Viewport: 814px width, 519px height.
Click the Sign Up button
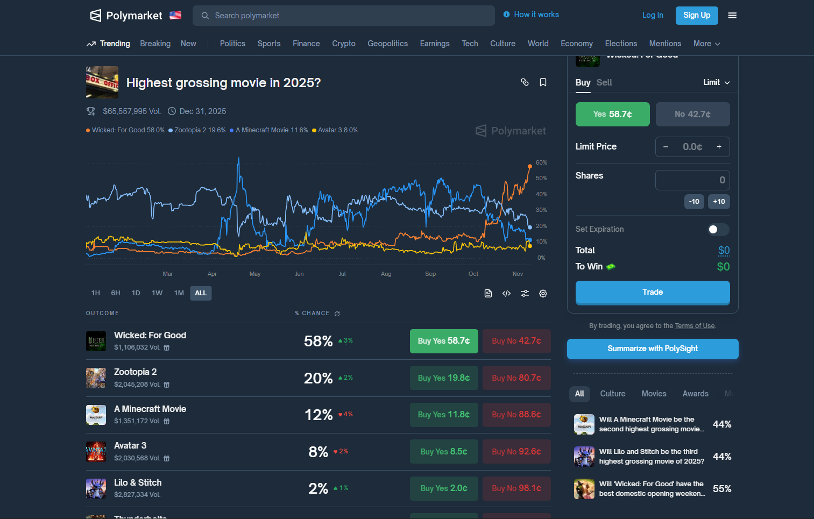[x=697, y=16]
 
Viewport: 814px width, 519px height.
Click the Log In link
[x=653, y=16]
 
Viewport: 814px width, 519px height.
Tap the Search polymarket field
[x=344, y=16]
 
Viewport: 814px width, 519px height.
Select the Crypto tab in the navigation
[x=344, y=44]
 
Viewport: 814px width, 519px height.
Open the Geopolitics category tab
[x=387, y=44]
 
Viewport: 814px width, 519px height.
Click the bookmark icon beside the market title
[x=543, y=82]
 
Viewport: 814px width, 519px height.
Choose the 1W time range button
[x=157, y=293]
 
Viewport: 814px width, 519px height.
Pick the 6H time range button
[x=116, y=293]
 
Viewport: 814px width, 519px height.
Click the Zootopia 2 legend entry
[x=197, y=130]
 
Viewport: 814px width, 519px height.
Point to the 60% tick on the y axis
[x=541, y=162]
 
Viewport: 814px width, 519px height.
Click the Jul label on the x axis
[x=342, y=274]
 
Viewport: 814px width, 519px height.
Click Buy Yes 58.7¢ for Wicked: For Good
[x=444, y=341]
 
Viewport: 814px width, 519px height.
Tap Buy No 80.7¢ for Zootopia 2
[x=516, y=378]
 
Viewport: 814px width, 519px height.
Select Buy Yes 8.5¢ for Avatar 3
[x=444, y=452]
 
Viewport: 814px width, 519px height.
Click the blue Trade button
[x=653, y=292]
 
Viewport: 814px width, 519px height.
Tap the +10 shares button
[x=719, y=202]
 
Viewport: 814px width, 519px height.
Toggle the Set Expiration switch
[x=718, y=230]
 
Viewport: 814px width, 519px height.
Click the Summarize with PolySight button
[x=653, y=349]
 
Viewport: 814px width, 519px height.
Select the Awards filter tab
[x=695, y=394]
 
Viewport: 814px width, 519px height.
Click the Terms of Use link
[x=695, y=326]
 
